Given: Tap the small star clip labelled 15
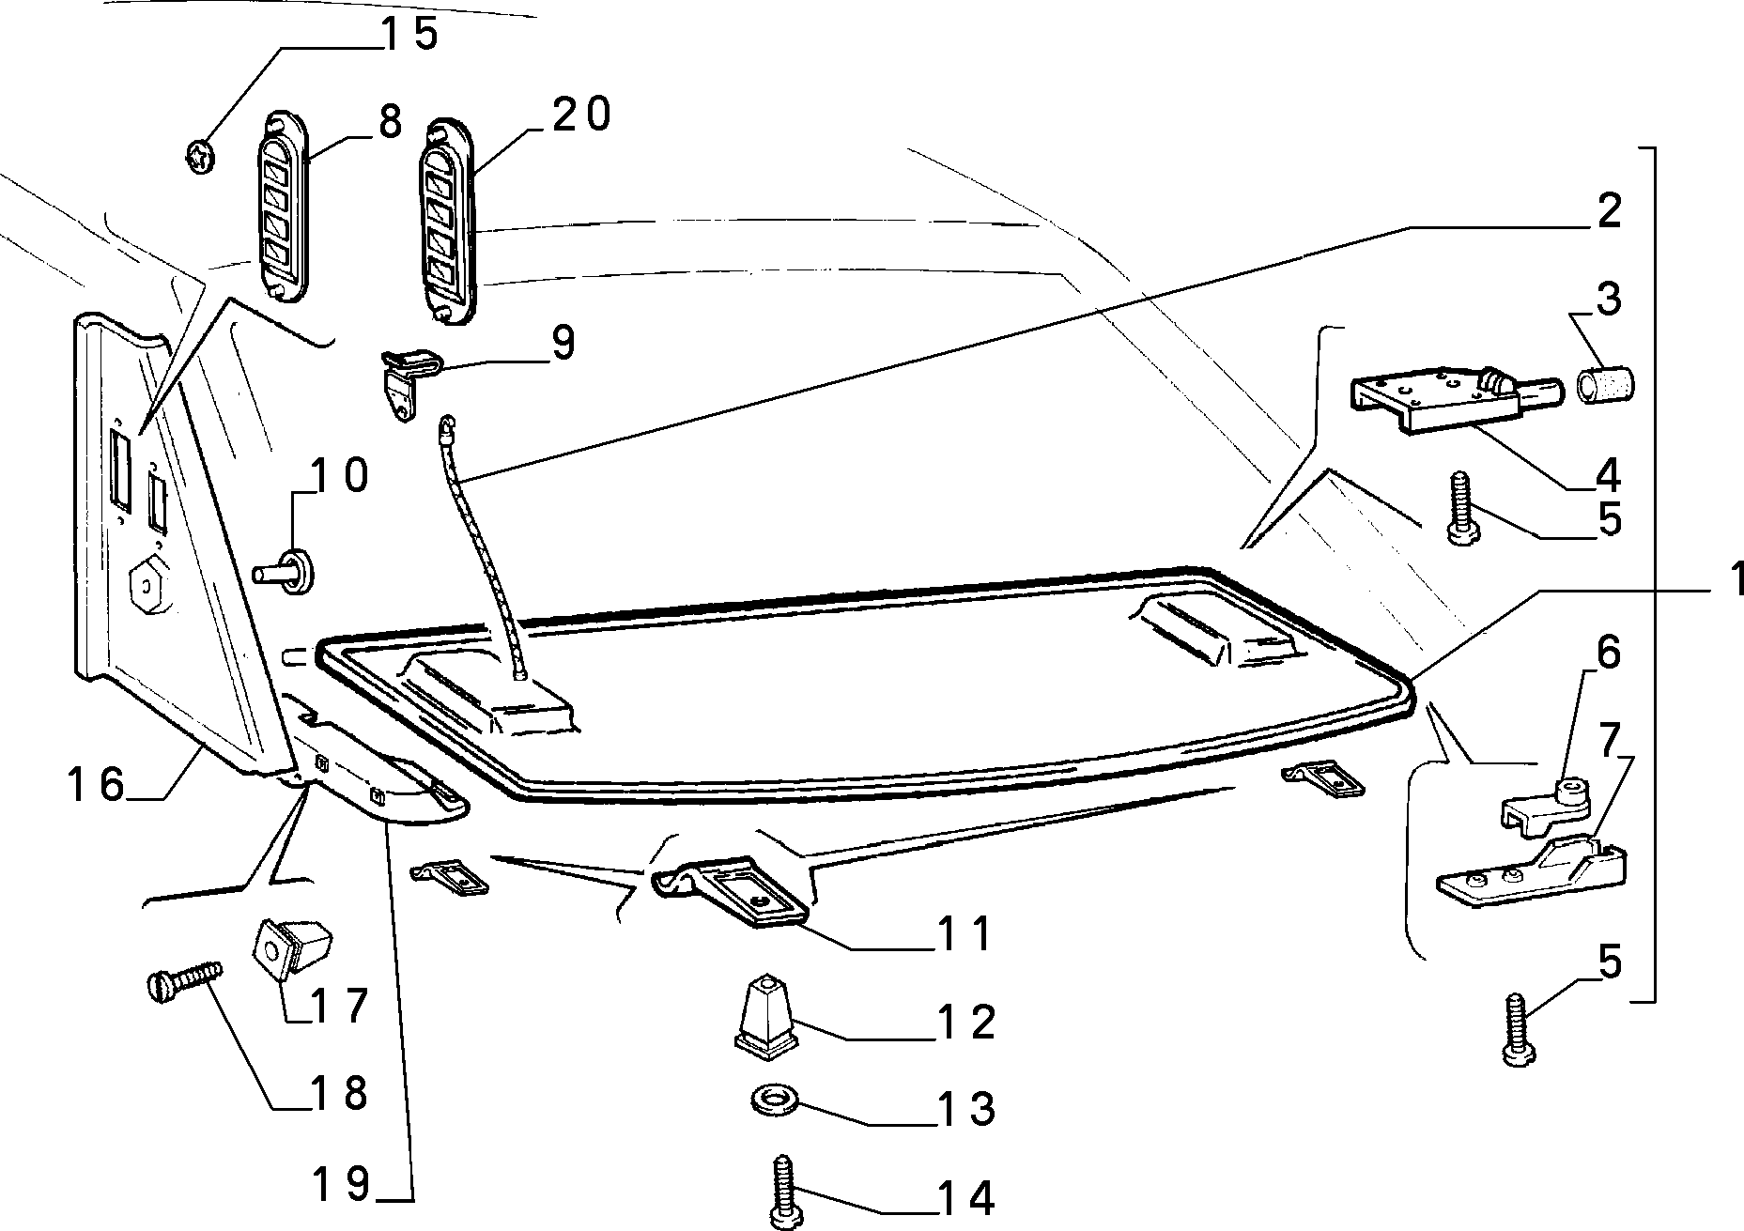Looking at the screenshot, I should [x=198, y=158].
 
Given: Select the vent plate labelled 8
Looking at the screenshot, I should [x=282, y=208].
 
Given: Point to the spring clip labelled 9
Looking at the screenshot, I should [x=409, y=379].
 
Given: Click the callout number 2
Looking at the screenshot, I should [x=1610, y=210].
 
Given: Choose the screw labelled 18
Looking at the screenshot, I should [x=186, y=977].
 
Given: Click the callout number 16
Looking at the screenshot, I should [x=96, y=784].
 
